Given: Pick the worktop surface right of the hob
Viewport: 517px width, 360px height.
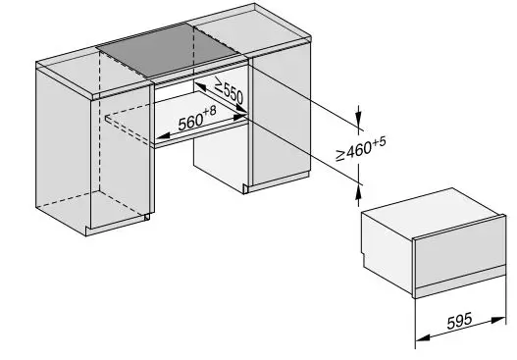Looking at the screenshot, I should [265, 33].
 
